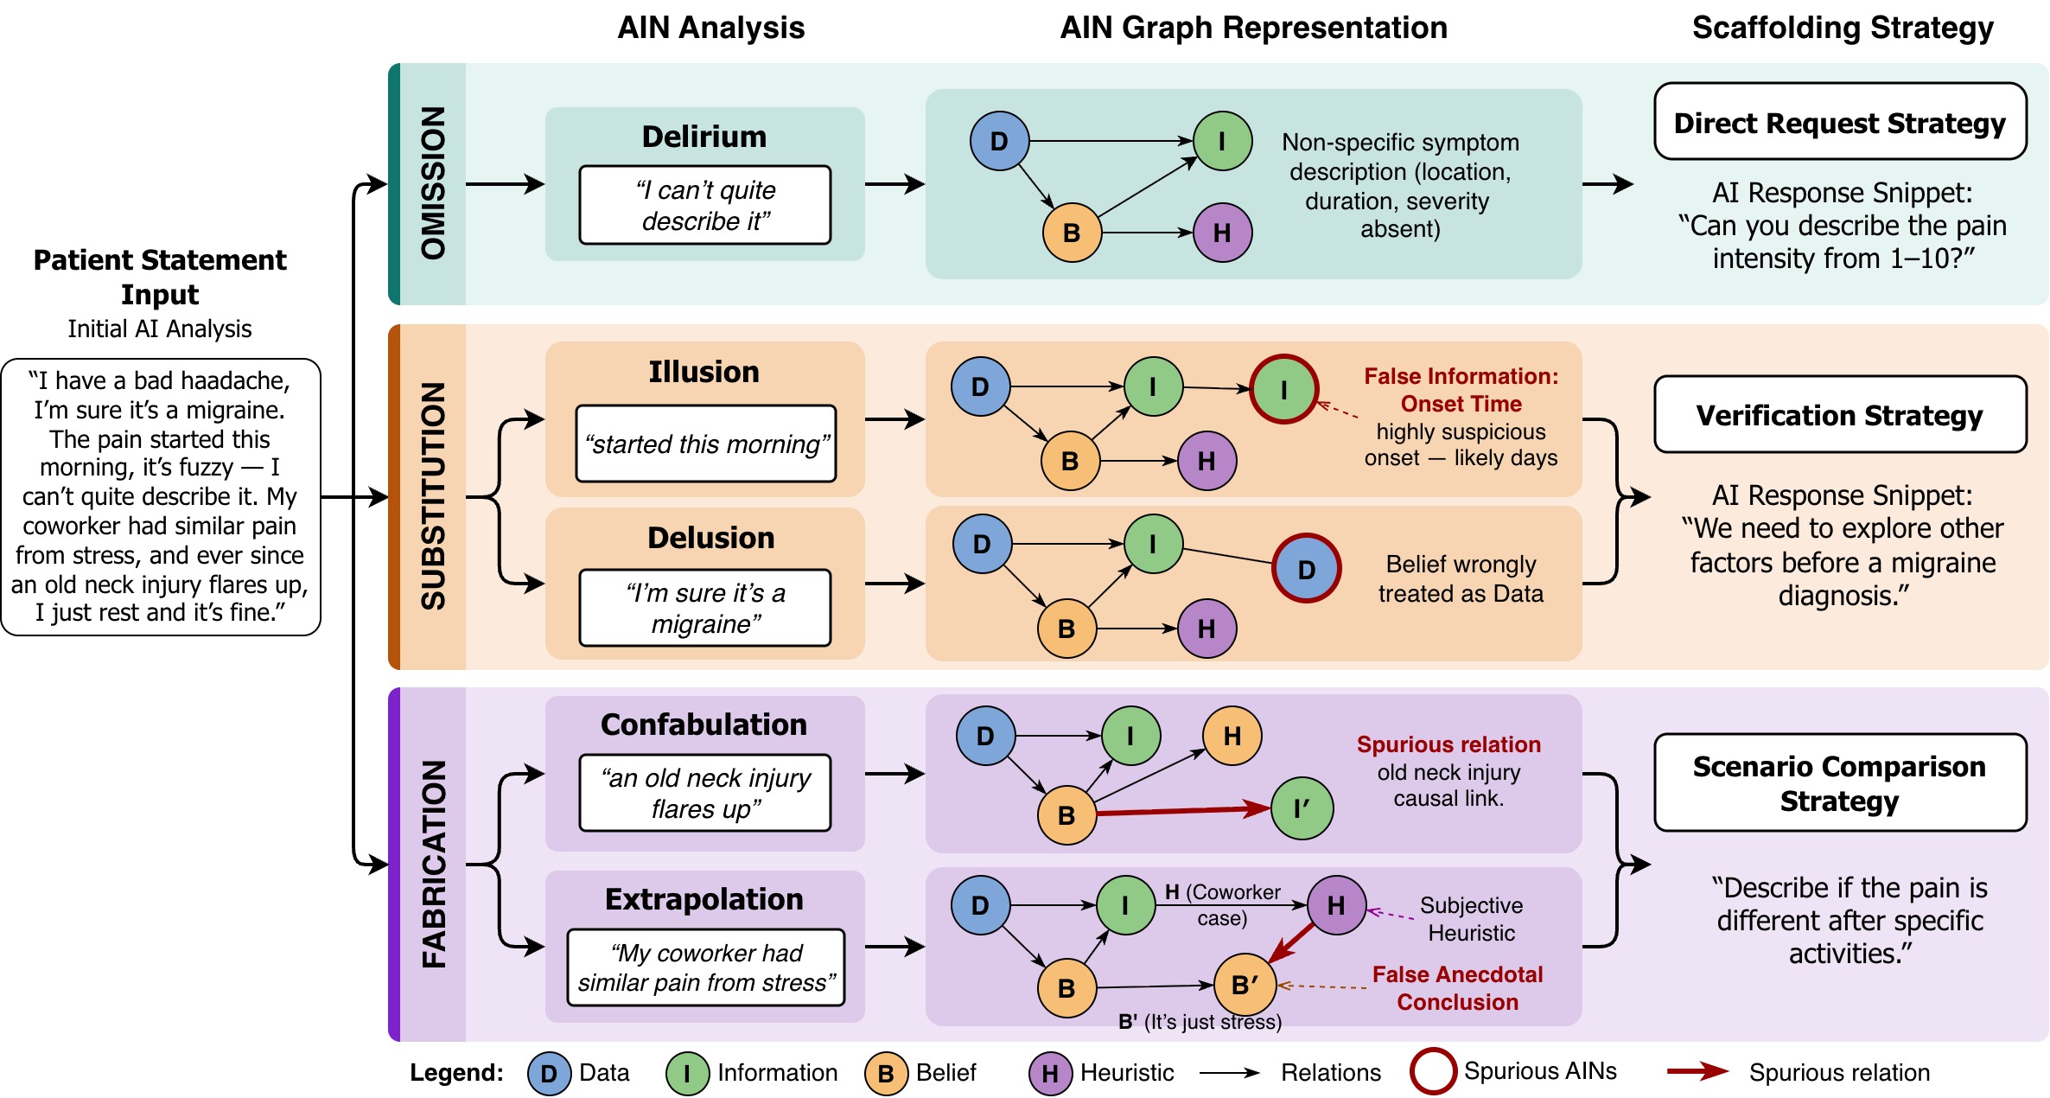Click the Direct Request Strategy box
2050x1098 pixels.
click(1840, 121)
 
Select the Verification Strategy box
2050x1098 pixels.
click(1840, 414)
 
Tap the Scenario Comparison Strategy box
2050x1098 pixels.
click(1840, 782)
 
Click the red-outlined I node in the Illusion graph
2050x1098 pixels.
click(1283, 389)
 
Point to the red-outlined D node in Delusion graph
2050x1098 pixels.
click(1307, 568)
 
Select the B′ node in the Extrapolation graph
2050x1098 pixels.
click(1245, 984)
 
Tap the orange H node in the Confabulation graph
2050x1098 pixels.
click(1232, 736)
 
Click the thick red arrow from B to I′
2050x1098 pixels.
click(1183, 811)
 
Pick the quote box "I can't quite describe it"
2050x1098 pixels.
click(705, 205)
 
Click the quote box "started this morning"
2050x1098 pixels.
click(706, 444)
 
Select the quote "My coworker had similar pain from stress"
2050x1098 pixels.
click(706, 967)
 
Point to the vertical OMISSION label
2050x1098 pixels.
click(433, 183)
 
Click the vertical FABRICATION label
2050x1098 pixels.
click(433, 864)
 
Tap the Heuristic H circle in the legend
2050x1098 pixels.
click(1050, 1074)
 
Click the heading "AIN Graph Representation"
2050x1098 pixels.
click(1254, 28)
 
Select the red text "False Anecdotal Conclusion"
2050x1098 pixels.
click(1457, 988)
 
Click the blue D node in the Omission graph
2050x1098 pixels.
click(999, 140)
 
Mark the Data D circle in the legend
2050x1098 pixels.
click(549, 1074)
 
